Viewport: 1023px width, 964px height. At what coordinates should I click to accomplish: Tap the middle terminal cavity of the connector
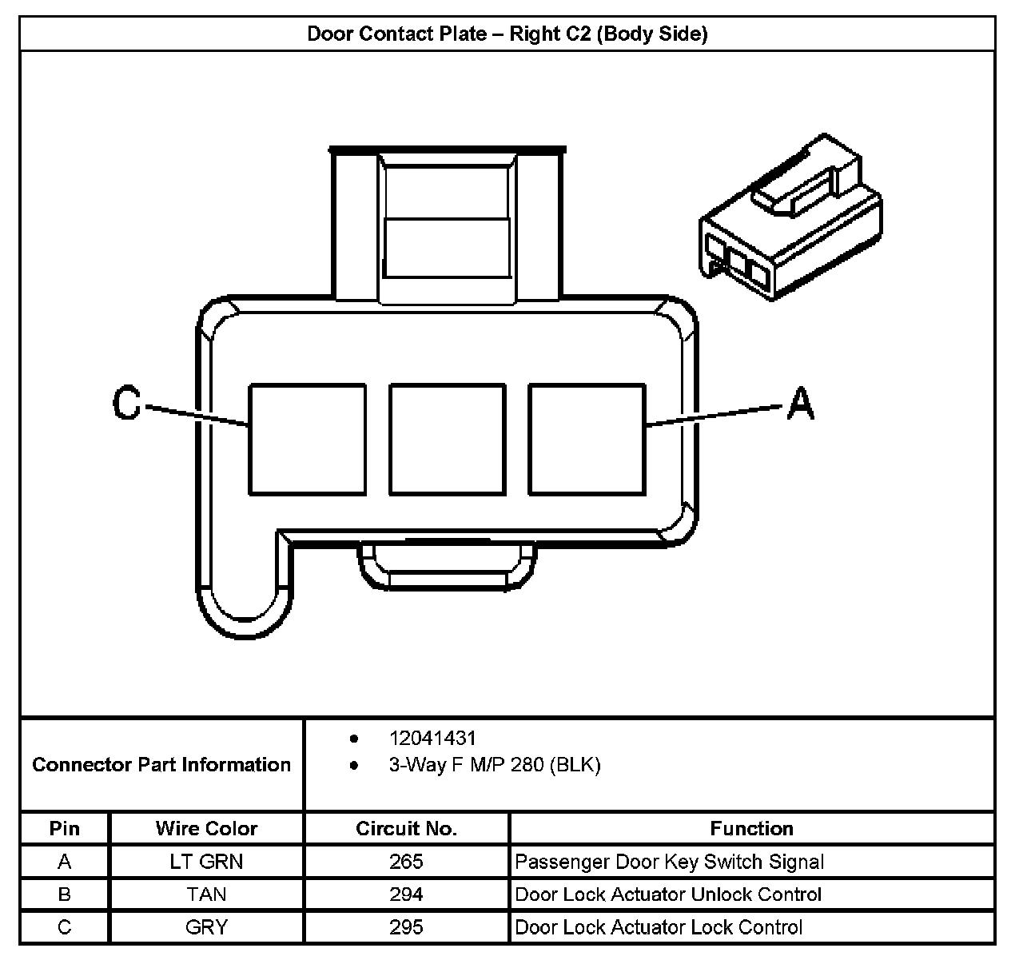click(x=448, y=439)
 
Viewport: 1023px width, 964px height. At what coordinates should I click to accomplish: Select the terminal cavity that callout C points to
click(x=307, y=439)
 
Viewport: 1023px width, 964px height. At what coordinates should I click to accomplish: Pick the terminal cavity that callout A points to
click(x=587, y=439)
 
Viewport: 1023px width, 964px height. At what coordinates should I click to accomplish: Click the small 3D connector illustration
click(x=791, y=218)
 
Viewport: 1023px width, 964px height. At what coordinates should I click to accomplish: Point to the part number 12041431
click(x=432, y=738)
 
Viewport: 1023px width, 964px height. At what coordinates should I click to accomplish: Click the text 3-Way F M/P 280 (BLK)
click(x=495, y=765)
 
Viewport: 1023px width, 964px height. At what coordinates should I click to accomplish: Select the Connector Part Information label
click(x=161, y=765)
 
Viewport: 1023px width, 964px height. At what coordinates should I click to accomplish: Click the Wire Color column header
click(x=206, y=828)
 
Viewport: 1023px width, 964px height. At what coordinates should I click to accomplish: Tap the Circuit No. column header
click(x=406, y=828)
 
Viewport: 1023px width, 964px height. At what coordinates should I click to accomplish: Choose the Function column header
click(x=751, y=828)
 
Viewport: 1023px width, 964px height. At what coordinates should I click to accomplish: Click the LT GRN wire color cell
click(x=206, y=862)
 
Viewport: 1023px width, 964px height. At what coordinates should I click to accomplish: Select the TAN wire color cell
click(x=206, y=894)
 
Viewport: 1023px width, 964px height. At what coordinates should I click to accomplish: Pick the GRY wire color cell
click(x=206, y=927)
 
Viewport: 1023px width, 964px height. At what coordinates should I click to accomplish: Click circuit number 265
click(x=406, y=862)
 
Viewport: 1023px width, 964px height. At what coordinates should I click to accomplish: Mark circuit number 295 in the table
click(x=406, y=927)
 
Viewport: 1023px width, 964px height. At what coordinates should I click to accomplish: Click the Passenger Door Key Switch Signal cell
click(x=669, y=862)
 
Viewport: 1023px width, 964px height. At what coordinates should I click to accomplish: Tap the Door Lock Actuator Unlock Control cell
click(x=668, y=894)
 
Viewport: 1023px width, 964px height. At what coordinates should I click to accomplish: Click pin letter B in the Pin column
click(x=65, y=894)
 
